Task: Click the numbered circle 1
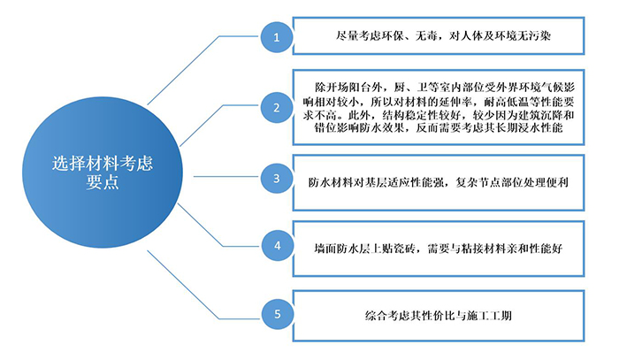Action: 277,37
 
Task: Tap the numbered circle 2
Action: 277,107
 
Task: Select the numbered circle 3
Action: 277,178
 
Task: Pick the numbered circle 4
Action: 277,246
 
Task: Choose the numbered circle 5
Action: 277,314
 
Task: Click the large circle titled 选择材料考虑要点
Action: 103,172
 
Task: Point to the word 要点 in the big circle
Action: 103,182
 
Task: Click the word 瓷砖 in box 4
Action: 404,249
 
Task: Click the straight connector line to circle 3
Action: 227,176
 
